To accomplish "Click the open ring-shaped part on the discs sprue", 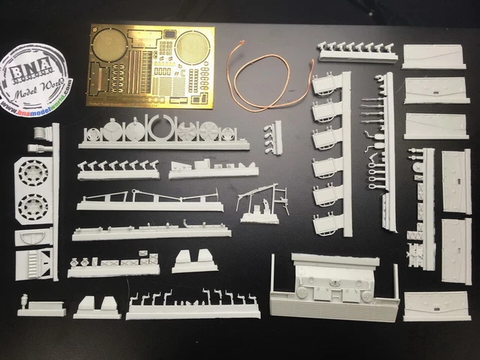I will point(163,129).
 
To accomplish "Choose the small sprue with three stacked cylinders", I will point(273,137).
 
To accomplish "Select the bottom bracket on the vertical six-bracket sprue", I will point(327,223).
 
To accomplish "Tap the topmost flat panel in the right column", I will point(434,56).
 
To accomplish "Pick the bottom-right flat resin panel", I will point(437,306).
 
